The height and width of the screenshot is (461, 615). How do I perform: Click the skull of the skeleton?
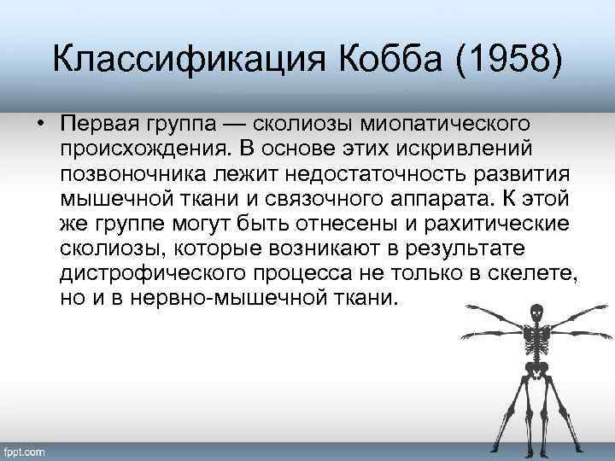click(x=536, y=312)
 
